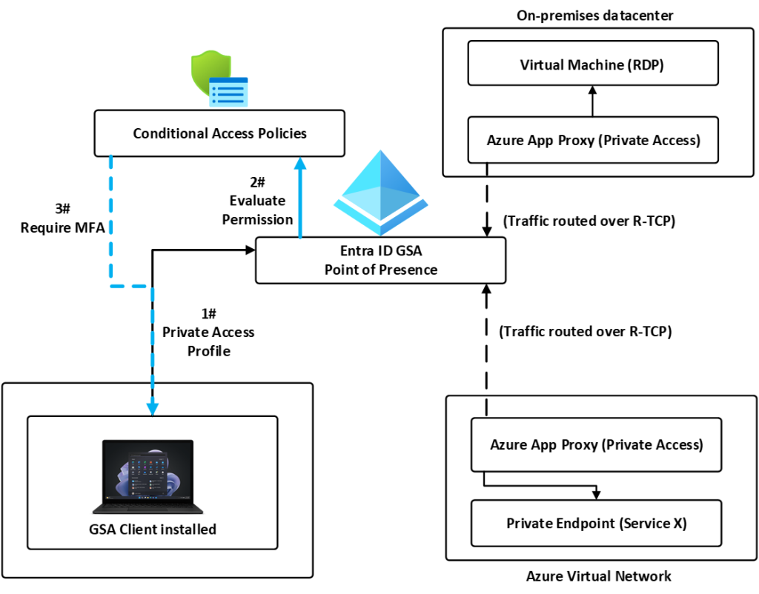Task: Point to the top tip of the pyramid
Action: tap(380, 152)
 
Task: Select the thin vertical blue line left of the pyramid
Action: tap(300, 222)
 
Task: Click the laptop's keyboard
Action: tap(145, 509)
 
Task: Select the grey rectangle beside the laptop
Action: tap(234, 471)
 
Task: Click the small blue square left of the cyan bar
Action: tap(153, 407)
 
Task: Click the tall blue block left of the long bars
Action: tap(130, 333)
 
